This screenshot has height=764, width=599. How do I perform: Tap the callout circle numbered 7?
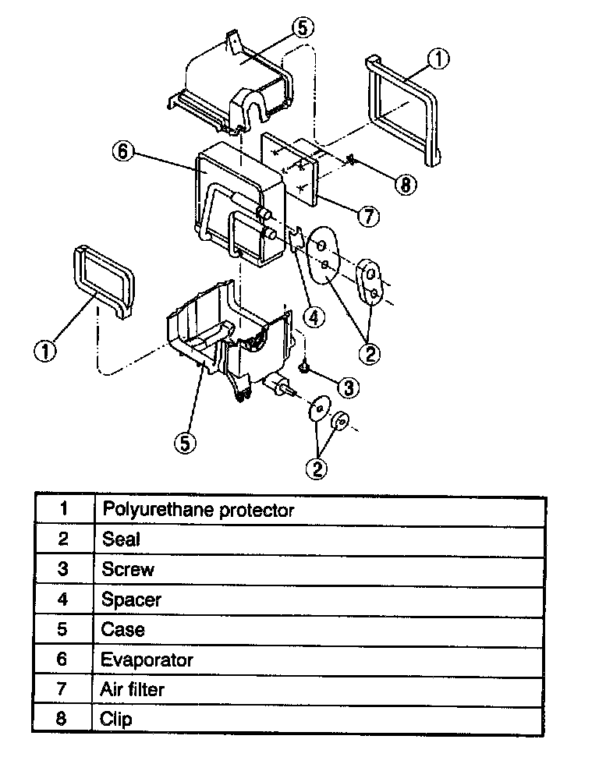click(x=368, y=216)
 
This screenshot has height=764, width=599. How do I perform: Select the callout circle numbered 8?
click(x=405, y=185)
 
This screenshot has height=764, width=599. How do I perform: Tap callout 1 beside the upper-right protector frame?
click(x=439, y=59)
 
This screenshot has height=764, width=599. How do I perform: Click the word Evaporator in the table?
click(x=147, y=660)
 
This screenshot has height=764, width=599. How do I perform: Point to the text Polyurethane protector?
click(x=198, y=511)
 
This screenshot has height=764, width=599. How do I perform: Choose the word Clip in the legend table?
click(x=116, y=719)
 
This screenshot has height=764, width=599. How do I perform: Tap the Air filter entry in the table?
click(x=133, y=689)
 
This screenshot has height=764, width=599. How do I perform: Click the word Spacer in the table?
click(x=131, y=600)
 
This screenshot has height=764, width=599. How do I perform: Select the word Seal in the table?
click(x=121, y=539)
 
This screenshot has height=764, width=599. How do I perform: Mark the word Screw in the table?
click(x=128, y=569)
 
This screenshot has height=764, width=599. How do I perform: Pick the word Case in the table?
click(x=122, y=629)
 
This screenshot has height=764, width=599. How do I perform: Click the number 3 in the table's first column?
click(x=63, y=569)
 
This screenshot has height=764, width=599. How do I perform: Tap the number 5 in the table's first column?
click(x=63, y=629)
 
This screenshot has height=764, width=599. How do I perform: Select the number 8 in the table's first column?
click(x=63, y=719)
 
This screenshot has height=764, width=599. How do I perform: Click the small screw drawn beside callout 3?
click(x=304, y=366)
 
